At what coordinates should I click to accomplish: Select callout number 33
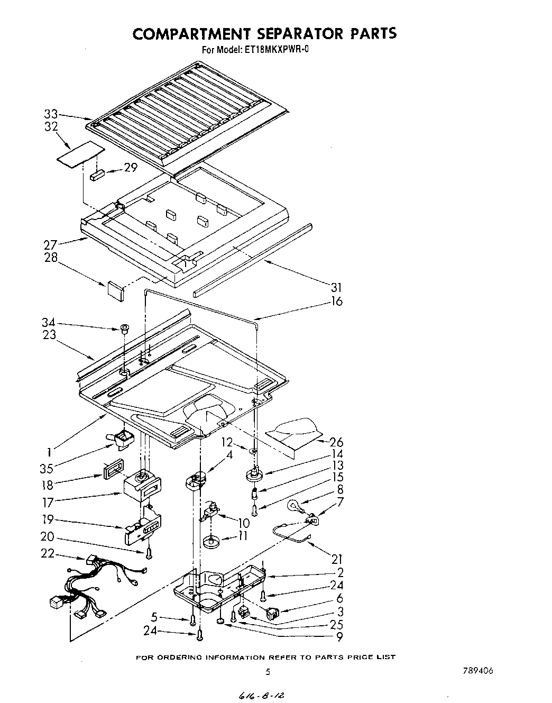click(x=51, y=114)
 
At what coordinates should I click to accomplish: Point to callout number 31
click(x=336, y=287)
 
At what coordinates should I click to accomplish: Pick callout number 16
click(x=336, y=302)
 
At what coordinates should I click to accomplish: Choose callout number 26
click(x=336, y=442)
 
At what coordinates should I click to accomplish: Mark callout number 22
click(x=47, y=553)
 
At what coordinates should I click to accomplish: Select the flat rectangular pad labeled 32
click(x=79, y=153)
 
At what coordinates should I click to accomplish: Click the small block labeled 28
click(x=115, y=290)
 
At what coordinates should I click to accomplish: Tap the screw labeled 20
click(x=150, y=552)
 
